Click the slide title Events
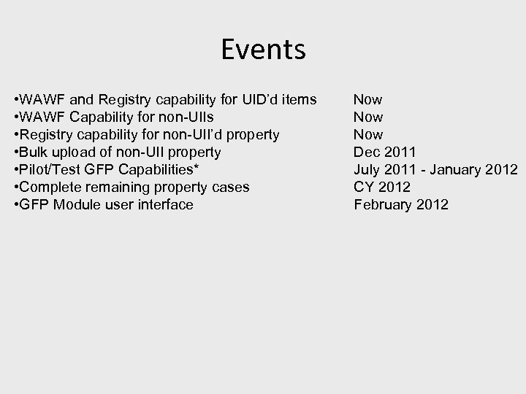(263, 50)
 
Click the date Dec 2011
(384, 152)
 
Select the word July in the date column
(367, 169)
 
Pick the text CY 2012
(382, 187)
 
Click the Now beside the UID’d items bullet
(368, 99)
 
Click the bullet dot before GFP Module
(17, 205)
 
